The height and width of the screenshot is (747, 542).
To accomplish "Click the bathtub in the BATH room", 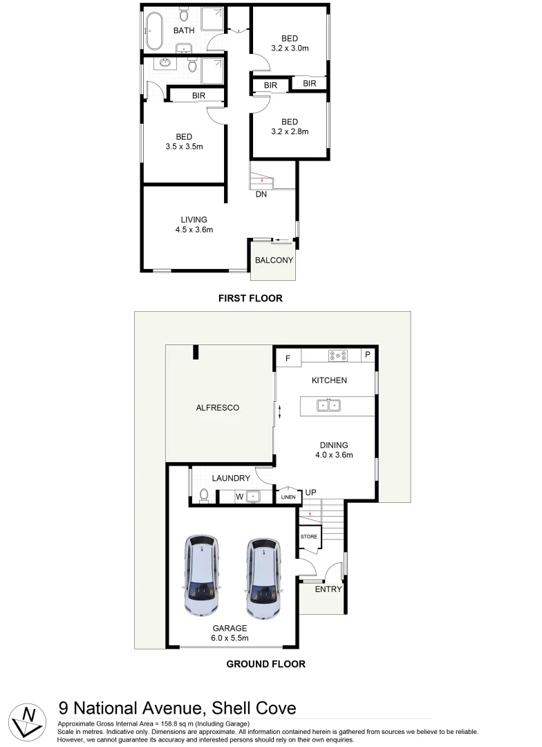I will click(x=152, y=30).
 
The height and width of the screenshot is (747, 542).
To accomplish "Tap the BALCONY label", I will click(x=274, y=261).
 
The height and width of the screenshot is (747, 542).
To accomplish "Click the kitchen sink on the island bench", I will click(x=328, y=405).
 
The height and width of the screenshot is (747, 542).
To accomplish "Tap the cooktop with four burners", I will click(x=338, y=356).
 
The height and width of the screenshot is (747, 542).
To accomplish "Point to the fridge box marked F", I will click(x=288, y=358).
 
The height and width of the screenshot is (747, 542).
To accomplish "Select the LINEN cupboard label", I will click(x=288, y=497).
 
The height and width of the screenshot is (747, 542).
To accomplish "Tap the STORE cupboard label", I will click(x=308, y=537).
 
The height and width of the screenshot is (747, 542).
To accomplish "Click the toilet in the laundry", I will click(x=203, y=495).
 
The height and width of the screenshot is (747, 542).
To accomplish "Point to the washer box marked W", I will click(x=240, y=496).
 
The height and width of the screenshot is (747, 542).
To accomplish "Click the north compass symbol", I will click(x=28, y=719).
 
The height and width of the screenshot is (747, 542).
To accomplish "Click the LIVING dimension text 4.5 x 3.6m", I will click(x=194, y=230).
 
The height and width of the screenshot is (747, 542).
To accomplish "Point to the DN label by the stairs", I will click(x=261, y=194).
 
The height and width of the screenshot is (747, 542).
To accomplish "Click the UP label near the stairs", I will click(x=311, y=492).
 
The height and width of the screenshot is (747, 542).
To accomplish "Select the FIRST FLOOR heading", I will click(x=250, y=299).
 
